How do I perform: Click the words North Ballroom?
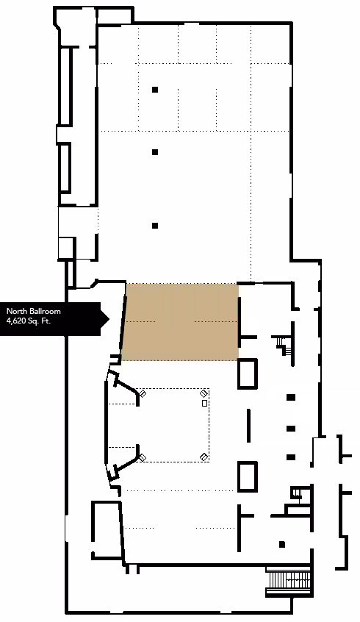(x=33, y=312)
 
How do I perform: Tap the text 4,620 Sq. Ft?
(x=29, y=321)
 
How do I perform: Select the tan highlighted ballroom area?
(x=181, y=322)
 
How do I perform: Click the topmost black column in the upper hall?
(x=155, y=90)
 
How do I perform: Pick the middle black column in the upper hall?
(x=155, y=152)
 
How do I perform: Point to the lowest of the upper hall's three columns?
(x=155, y=226)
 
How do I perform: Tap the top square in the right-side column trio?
(x=291, y=397)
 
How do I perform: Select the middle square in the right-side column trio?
(x=291, y=429)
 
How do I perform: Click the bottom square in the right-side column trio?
(x=291, y=457)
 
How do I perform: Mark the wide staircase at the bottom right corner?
(x=288, y=581)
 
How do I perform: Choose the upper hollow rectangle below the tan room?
(x=248, y=373)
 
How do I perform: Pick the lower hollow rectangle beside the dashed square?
(x=248, y=476)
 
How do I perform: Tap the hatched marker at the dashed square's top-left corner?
(x=143, y=393)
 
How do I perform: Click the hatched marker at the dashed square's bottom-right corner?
(x=204, y=457)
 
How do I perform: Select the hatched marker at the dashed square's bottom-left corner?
(x=143, y=457)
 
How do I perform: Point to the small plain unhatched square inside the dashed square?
(x=204, y=403)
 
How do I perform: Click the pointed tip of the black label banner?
(x=109, y=318)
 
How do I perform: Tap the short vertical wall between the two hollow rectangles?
(x=249, y=425)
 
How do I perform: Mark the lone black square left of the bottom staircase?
(x=282, y=544)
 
